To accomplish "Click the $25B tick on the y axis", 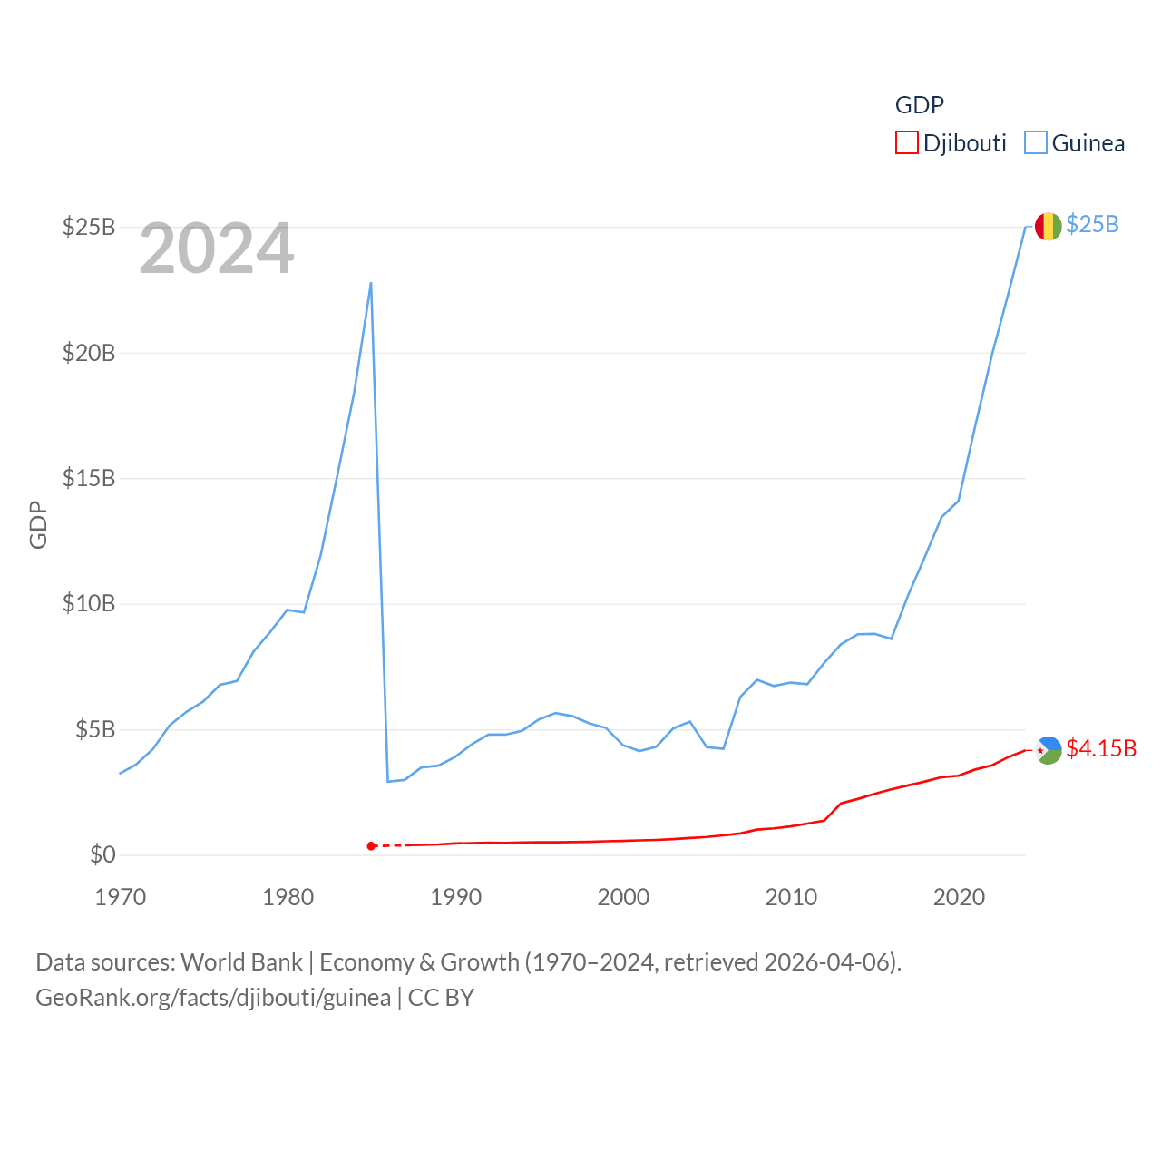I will [x=89, y=227].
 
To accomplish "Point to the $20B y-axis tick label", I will [x=89, y=353].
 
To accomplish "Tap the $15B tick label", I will [x=89, y=478].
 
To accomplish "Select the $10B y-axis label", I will [x=89, y=603].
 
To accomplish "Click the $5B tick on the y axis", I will [x=95, y=729].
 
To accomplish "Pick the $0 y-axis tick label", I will [x=102, y=854].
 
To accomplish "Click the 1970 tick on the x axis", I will [x=121, y=898].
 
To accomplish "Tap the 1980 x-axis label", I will [x=288, y=898].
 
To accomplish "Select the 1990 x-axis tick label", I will [x=455, y=898].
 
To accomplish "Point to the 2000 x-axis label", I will [x=623, y=898].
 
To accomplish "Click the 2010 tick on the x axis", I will [x=791, y=898].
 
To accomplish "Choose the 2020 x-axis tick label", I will [x=959, y=898].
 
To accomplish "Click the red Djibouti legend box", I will [x=907, y=143].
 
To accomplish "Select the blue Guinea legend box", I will [x=1036, y=143].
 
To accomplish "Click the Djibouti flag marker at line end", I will [x=1049, y=750].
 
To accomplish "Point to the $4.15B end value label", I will [x=1101, y=748].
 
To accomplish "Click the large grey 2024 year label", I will [x=217, y=249].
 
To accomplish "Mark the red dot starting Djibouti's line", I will [x=371, y=846].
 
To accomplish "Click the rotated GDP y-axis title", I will [x=38, y=524].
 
